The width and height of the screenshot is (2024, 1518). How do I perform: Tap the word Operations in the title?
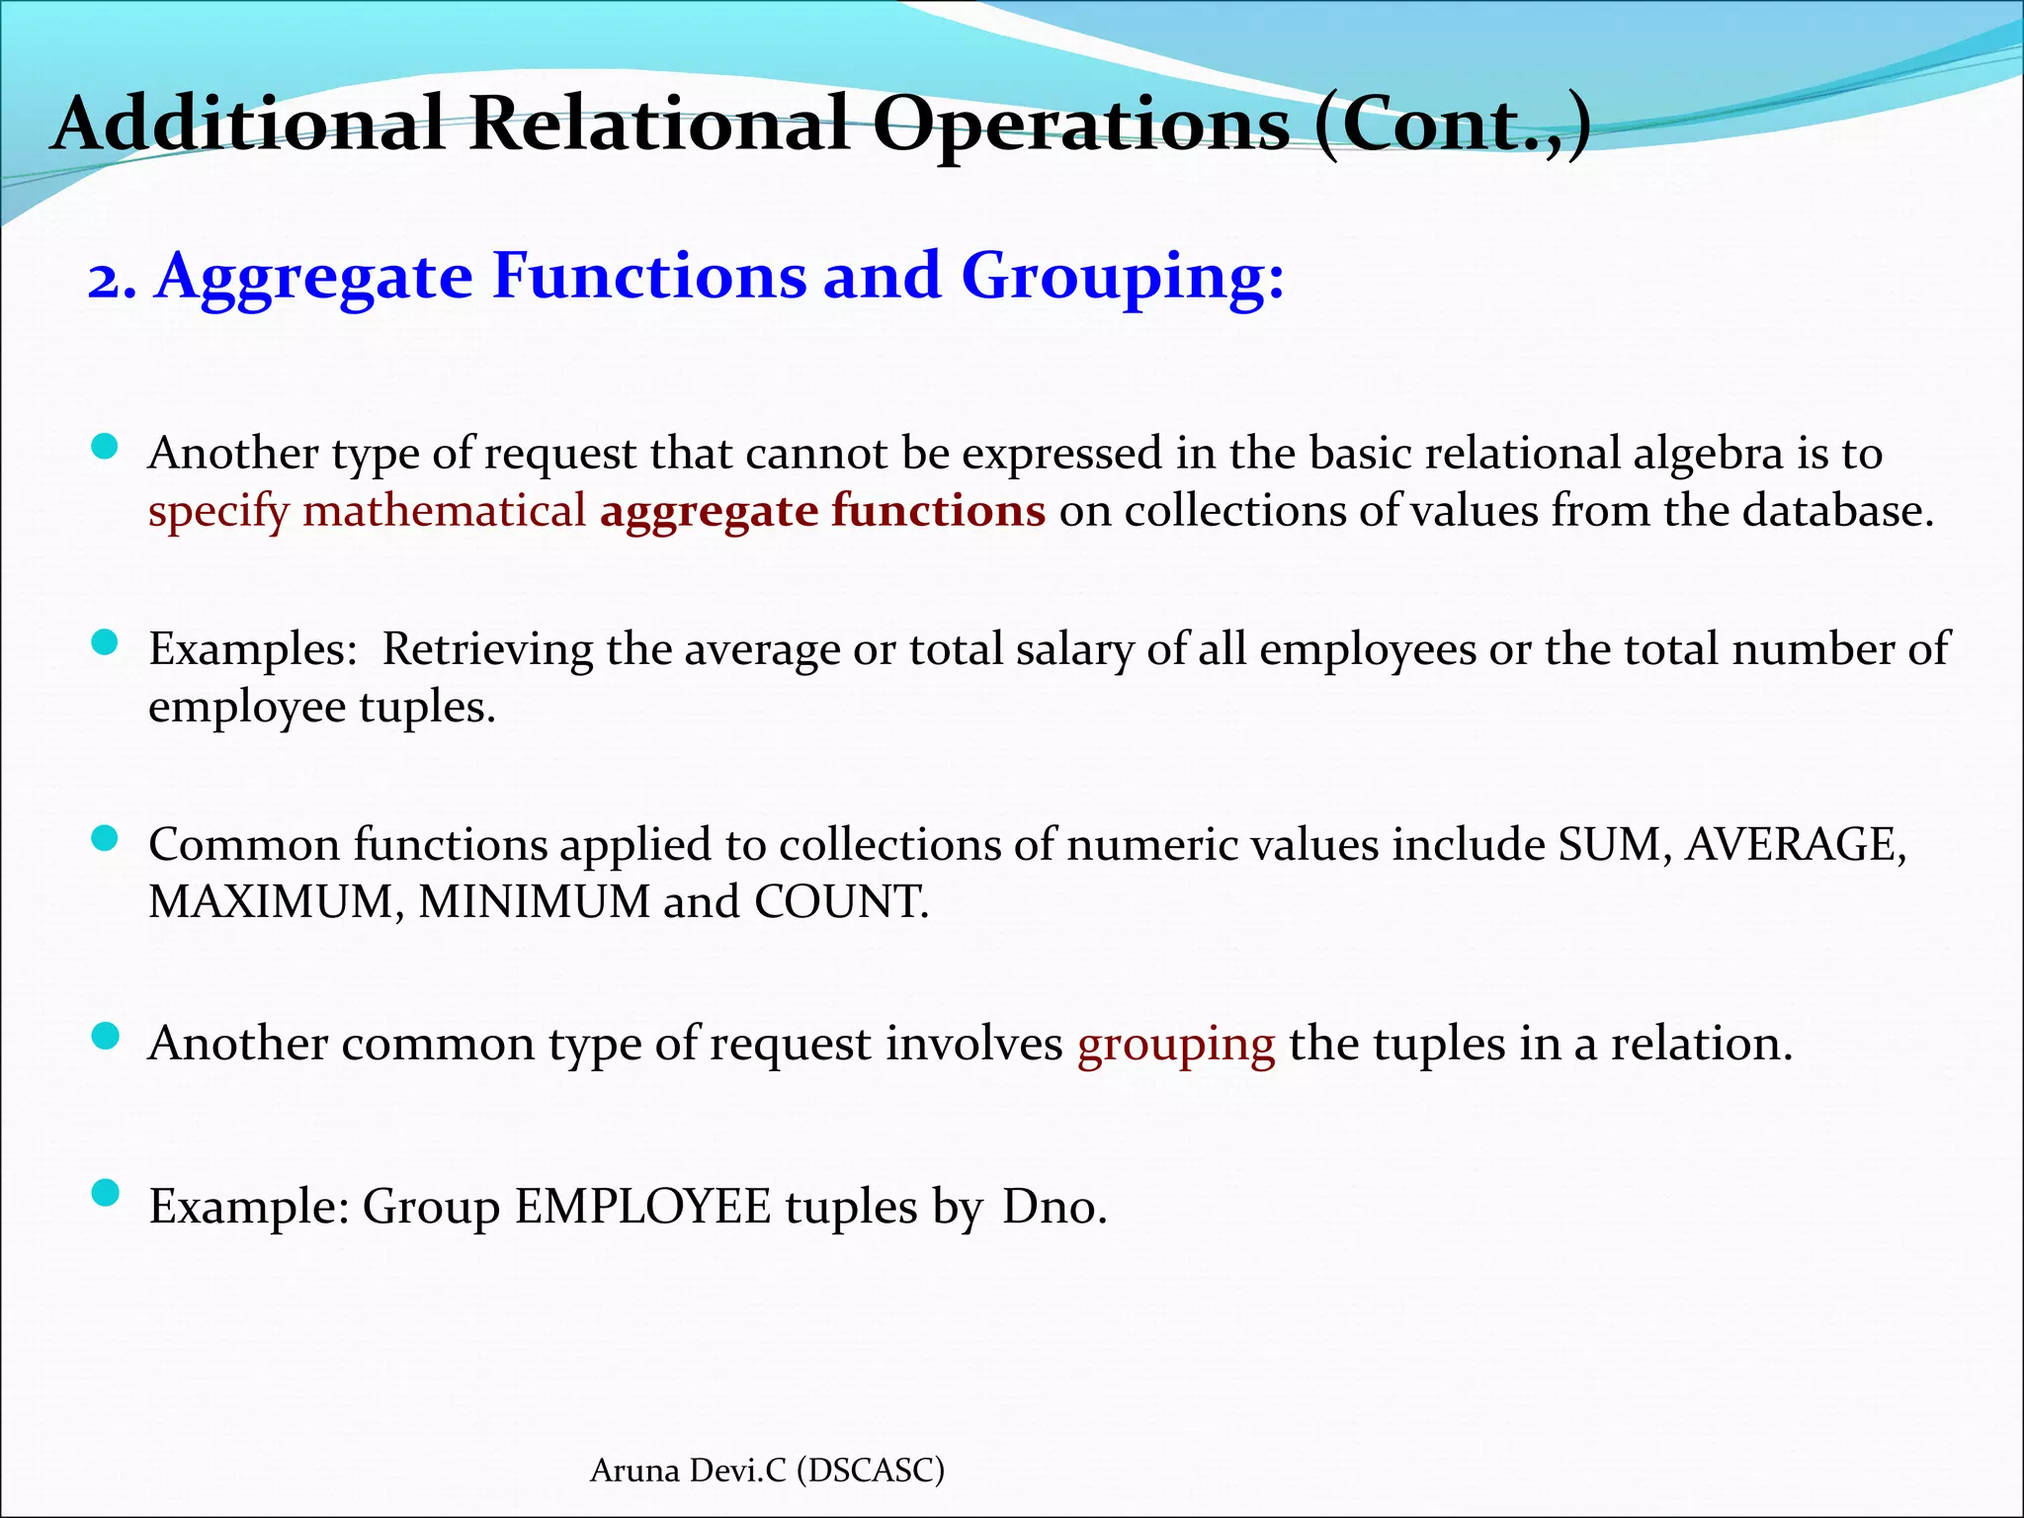pos(1081,126)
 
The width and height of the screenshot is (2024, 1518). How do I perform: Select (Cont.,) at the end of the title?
pos(1453,126)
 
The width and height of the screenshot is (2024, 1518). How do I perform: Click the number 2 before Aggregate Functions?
pos(111,278)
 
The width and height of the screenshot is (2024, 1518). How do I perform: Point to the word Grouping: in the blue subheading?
pos(1124,278)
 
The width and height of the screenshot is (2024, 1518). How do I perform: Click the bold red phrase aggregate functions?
pos(822,511)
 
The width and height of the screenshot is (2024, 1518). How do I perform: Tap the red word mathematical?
pos(445,511)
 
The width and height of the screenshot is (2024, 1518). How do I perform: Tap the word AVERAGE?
pos(1794,845)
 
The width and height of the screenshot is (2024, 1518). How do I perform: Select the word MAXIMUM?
pos(270,902)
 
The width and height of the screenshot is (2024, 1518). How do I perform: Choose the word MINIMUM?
pos(534,902)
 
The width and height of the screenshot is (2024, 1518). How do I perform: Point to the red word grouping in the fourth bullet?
pos(1176,1044)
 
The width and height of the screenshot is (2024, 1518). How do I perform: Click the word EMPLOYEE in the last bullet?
pos(642,1207)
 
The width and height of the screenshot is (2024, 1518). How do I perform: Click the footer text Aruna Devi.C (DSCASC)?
pos(767,1471)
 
